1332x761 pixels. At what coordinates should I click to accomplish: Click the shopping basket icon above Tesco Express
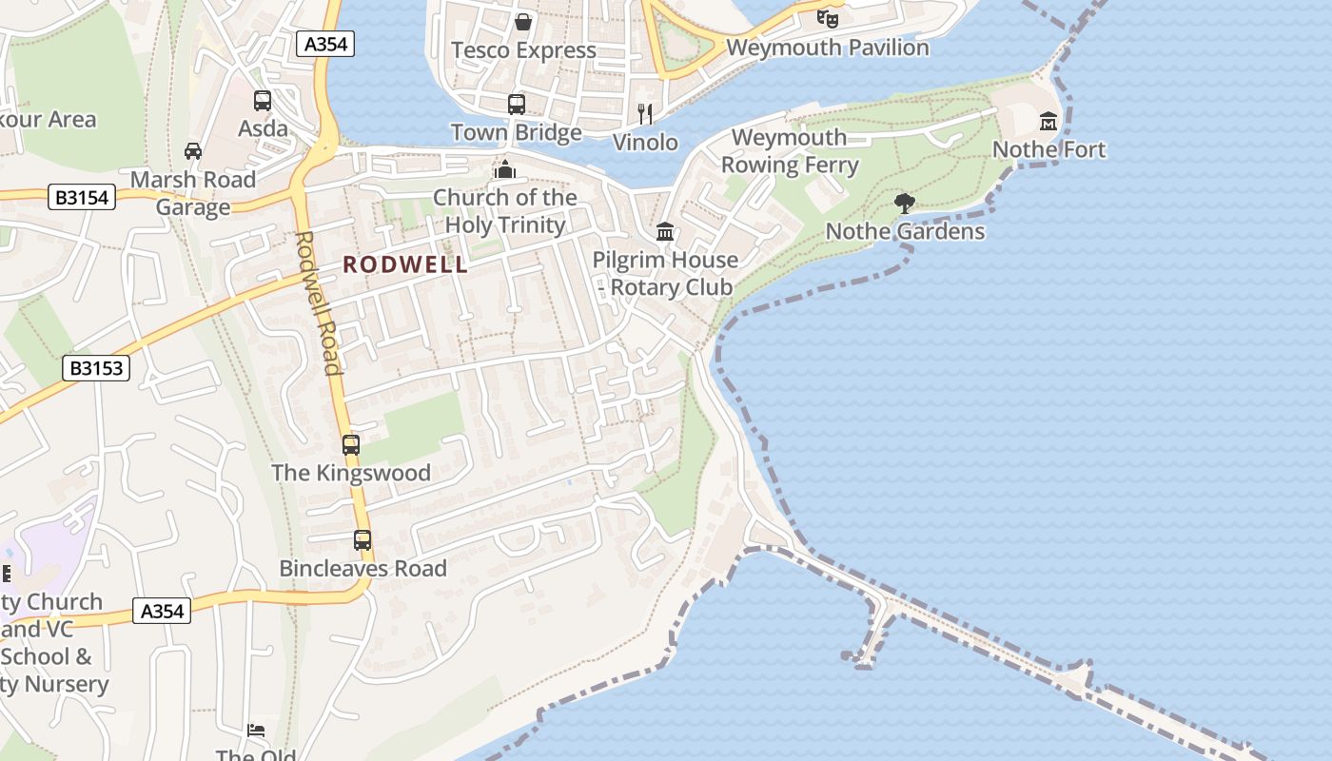(522, 21)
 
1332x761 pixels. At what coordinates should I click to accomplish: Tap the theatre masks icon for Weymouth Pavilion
(828, 17)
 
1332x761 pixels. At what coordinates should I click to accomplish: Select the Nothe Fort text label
(1049, 149)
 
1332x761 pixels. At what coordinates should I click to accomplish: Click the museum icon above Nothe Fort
(1048, 122)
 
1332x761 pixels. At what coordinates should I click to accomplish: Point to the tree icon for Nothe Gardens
(905, 203)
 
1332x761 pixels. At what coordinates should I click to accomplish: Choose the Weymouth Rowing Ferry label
(790, 151)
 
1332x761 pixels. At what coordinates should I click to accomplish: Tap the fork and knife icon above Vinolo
(646, 114)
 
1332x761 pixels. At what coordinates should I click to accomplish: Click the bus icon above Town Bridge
(517, 105)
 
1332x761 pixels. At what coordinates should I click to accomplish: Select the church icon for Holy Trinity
(505, 169)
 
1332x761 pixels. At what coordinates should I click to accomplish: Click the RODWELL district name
(406, 264)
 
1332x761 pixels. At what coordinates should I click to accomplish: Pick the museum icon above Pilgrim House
(665, 231)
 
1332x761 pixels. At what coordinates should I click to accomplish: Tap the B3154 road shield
(82, 197)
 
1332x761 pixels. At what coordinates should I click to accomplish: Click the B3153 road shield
(96, 367)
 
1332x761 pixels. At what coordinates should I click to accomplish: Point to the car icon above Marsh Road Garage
(193, 151)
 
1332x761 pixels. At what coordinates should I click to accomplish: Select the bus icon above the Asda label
(263, 100)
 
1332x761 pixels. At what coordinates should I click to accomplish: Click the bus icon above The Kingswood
(351, 444)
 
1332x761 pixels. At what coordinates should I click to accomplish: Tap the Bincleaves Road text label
(362, 569)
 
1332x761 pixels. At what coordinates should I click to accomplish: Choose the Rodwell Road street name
(318, 302)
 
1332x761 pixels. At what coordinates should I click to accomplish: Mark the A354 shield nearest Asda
(324, 44)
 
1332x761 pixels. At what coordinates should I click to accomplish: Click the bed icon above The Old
(256, 731)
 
